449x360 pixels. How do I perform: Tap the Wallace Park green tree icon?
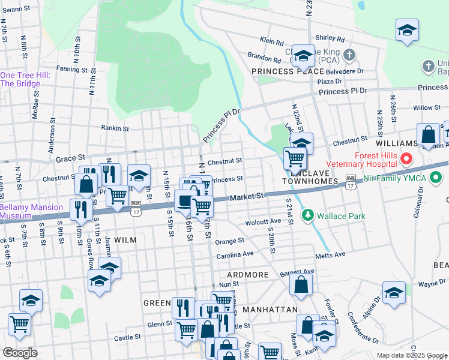click(308, 214)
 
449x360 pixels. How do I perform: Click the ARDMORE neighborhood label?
click(247, 275)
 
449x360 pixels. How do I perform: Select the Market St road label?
click(247, 196)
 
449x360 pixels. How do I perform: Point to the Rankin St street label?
click(115, 128)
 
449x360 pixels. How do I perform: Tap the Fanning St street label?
click(68, 69)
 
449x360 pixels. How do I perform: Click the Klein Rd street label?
click(271, 42)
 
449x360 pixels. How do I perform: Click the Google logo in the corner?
click(20, 353)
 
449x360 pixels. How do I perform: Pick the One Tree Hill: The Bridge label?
click(20, 79)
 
